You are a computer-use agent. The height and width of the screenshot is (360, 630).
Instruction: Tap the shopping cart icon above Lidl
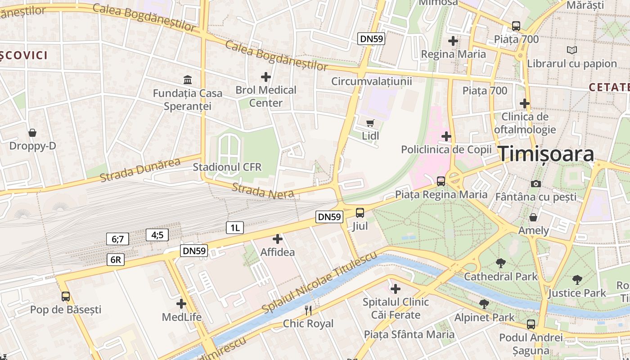370,123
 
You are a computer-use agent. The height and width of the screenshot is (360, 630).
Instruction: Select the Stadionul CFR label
227,167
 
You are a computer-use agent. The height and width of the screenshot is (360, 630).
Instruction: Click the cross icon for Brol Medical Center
266,77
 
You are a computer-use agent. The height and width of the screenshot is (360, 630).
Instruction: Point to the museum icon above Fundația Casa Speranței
188,80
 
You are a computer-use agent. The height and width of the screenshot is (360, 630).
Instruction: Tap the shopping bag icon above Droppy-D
32,133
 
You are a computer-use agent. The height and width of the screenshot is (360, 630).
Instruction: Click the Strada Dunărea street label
140,170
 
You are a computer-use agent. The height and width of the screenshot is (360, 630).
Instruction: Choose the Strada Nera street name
263,191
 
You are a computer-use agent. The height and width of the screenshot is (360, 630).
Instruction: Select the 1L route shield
234,228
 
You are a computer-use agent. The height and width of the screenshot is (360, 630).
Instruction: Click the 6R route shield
116,260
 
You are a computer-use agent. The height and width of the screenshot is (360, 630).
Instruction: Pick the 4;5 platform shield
157,234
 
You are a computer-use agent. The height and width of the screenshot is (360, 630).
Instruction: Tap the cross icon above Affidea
278,239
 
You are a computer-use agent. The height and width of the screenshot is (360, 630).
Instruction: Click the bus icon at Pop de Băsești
66,297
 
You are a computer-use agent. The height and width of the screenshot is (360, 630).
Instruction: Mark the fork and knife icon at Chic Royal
308,310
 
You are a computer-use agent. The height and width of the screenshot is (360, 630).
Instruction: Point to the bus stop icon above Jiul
360,212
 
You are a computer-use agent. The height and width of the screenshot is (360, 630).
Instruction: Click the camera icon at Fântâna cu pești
535,184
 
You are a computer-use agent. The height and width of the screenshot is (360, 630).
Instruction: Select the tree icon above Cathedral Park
500,263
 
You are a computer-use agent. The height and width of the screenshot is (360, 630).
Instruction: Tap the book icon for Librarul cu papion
572,50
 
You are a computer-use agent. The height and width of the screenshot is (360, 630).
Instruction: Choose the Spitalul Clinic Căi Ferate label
396,308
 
